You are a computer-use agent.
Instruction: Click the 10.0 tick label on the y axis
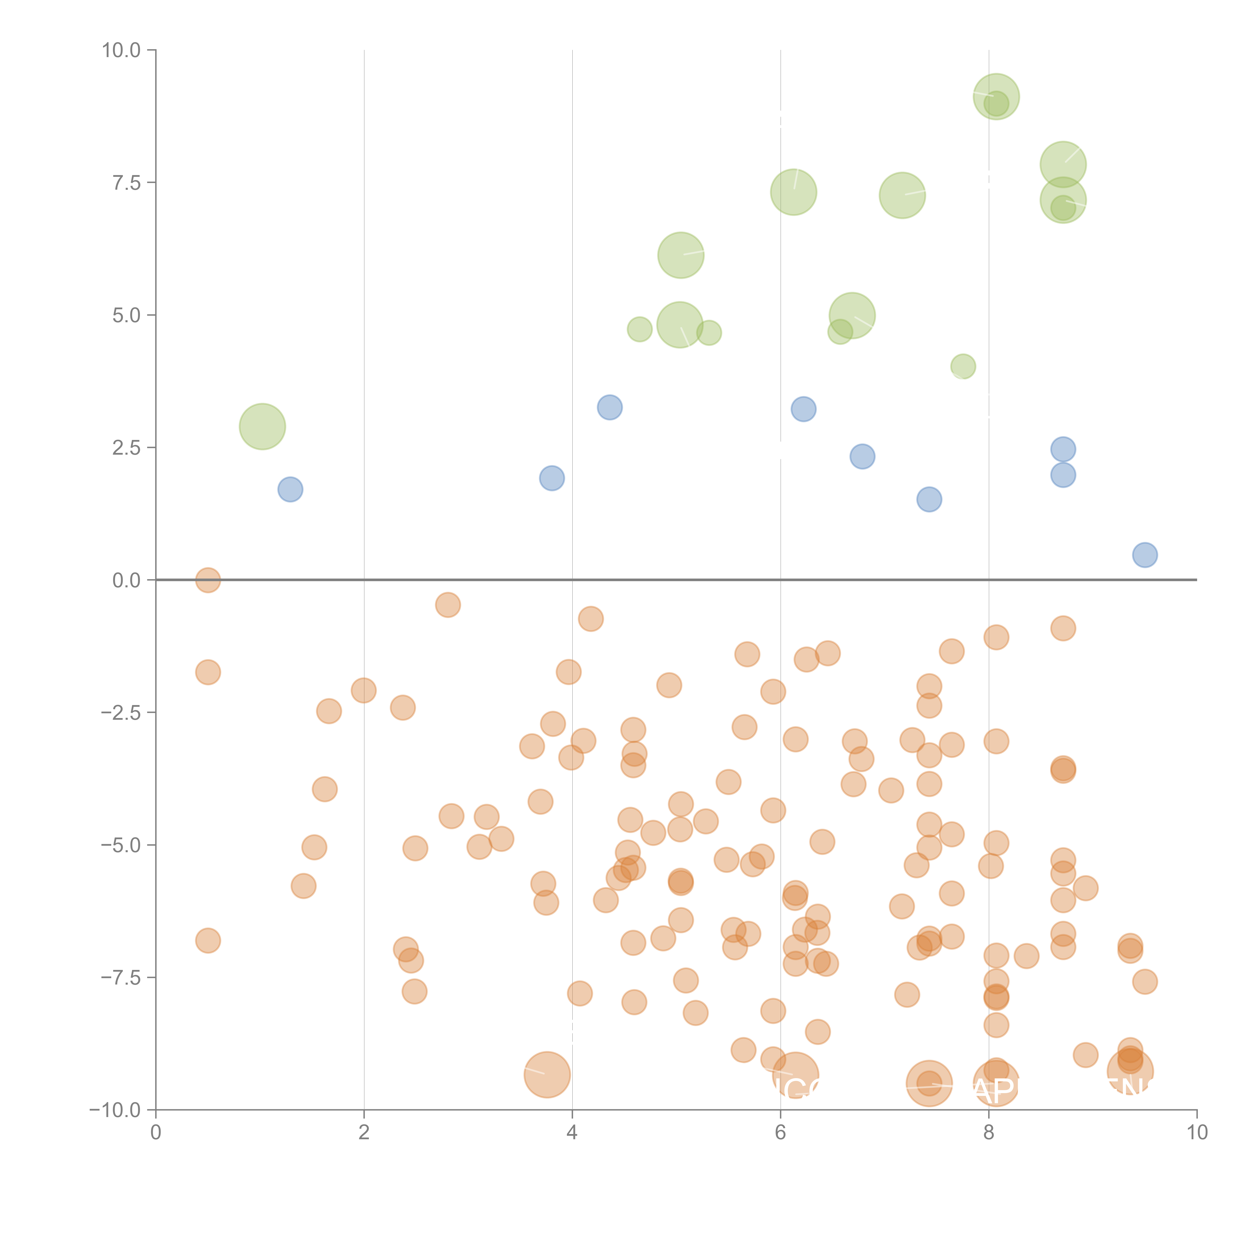pos(121,50)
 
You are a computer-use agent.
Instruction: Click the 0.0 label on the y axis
pos(126,580)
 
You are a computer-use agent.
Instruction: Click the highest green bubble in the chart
pos(996,97)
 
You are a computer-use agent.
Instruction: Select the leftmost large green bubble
pos(262,427)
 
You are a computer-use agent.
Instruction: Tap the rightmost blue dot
pos(1144,555)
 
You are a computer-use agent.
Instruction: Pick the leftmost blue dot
pos(291,489)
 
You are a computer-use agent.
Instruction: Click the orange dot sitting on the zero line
pos(208,580)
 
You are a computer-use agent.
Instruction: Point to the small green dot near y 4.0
pos(963,367)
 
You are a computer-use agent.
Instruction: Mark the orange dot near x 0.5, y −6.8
pos(208,941)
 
